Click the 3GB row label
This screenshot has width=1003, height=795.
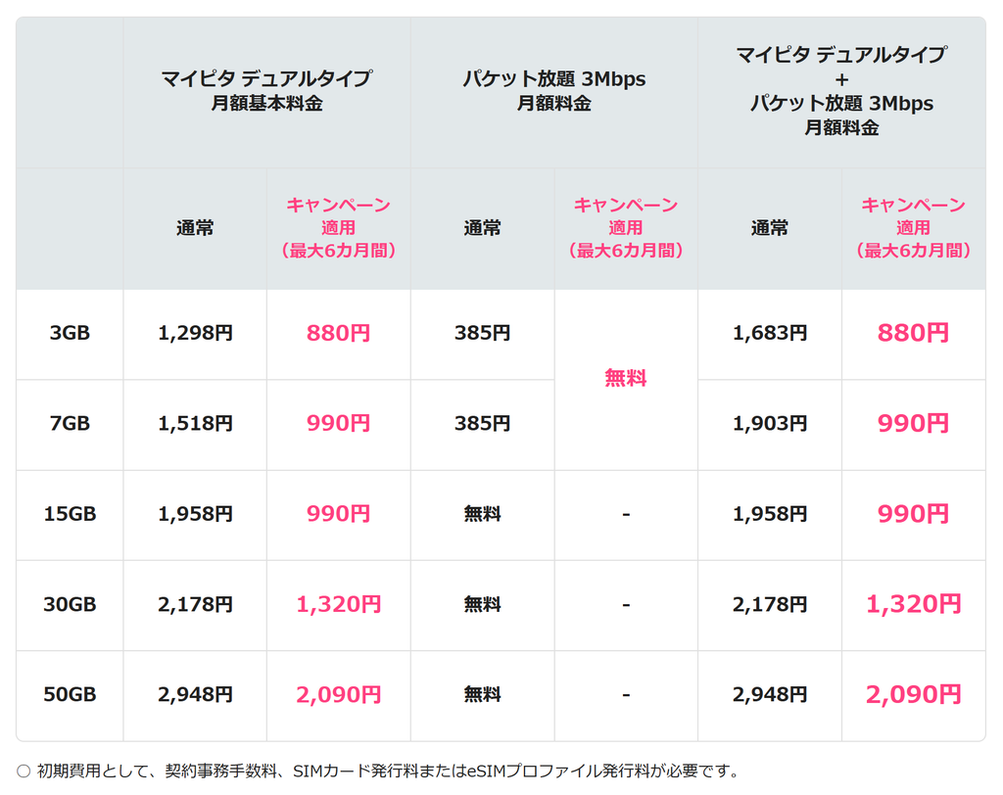[70, 333]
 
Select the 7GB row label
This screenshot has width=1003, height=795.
[70, 423]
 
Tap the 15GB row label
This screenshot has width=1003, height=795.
[70, 514]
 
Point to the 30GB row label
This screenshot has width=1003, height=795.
[70, 604]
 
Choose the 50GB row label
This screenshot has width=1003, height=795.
[70, 694]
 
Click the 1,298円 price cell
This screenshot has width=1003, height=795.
[195, 333]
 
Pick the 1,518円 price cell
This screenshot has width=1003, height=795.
[195, 423]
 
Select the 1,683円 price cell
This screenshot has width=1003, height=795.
[770, 333]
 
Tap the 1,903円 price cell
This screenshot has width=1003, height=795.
[770, 423]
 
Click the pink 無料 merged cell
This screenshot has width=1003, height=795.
[626, 378]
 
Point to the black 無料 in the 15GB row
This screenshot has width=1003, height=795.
[482, 514]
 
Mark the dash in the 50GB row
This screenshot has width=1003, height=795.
[626, 694]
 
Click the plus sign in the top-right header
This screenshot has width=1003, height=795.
[841, 80]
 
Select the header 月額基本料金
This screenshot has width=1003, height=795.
[266, 103]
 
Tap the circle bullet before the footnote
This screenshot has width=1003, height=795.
[24, 772]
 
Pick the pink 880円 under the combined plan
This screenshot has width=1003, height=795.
[913, 333]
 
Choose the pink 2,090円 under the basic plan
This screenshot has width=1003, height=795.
[338, 694]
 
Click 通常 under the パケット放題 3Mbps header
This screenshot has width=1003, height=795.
[482, 228]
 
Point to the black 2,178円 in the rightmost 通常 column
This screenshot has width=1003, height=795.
[770, 604]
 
